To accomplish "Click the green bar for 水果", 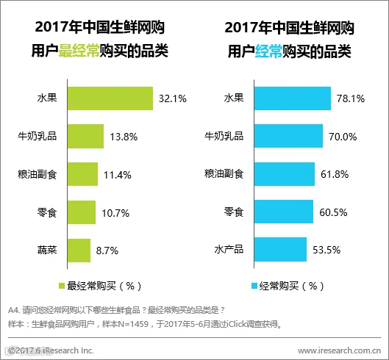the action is tap(110, 98).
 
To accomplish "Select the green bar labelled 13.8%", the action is tap(85, 137).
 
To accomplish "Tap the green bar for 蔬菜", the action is tap(79, 251).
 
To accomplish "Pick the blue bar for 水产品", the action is tap(280, 249).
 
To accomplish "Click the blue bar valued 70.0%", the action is tap(288, 136).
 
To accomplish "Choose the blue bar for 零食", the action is tap(284, 212).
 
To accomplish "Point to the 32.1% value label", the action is tap(173, 98).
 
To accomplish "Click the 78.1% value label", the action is tap(351, 98).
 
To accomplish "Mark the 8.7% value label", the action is tap(107, 251).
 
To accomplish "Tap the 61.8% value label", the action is tap(335, 175).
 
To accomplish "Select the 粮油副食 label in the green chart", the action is tap(38, 174).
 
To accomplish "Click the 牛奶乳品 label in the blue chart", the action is tap(224, 136).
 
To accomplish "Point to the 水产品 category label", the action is tap(229, 249).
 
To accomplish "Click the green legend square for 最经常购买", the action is tap(62, 286).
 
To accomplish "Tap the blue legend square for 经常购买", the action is tap(254, 286).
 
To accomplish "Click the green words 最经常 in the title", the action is tap(79, 51).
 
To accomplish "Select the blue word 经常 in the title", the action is tap(268, 51).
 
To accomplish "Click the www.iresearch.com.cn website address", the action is tap(340, 350).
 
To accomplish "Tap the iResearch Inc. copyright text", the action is tap(51, 350).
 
